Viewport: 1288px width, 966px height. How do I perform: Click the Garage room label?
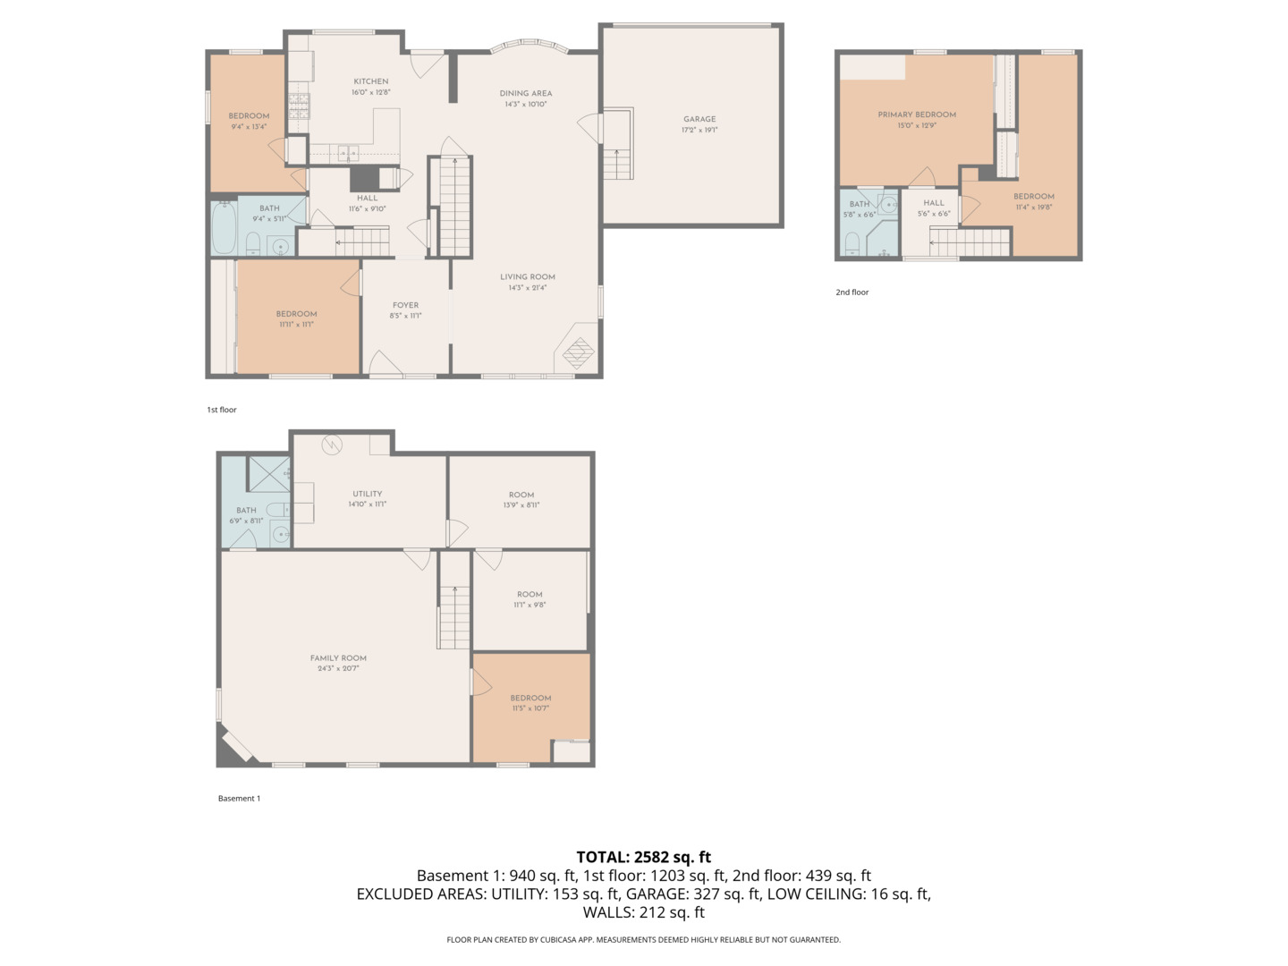699,119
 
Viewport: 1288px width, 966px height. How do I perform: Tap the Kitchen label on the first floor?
370,81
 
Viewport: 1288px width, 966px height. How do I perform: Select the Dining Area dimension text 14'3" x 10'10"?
525,105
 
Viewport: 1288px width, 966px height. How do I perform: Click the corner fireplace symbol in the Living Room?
577,354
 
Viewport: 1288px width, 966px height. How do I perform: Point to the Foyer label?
405,305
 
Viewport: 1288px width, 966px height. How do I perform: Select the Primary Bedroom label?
916,114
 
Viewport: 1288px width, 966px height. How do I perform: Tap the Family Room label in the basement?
338,658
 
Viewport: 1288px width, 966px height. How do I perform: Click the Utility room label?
367,494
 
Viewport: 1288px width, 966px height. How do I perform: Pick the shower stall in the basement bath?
267,474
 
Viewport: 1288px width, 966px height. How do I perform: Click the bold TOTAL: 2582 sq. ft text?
643,857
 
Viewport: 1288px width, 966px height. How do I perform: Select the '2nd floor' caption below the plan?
852,292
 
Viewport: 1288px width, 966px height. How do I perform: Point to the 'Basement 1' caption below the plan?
239,799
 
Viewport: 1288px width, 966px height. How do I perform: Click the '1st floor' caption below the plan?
222,410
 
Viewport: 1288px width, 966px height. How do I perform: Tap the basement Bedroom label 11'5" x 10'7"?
530,698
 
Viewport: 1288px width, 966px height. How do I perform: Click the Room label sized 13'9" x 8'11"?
521,495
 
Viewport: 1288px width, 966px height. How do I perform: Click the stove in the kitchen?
298,106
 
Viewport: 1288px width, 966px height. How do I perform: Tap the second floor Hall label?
934,203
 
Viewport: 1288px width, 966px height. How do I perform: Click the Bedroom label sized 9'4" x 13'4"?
249,116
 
